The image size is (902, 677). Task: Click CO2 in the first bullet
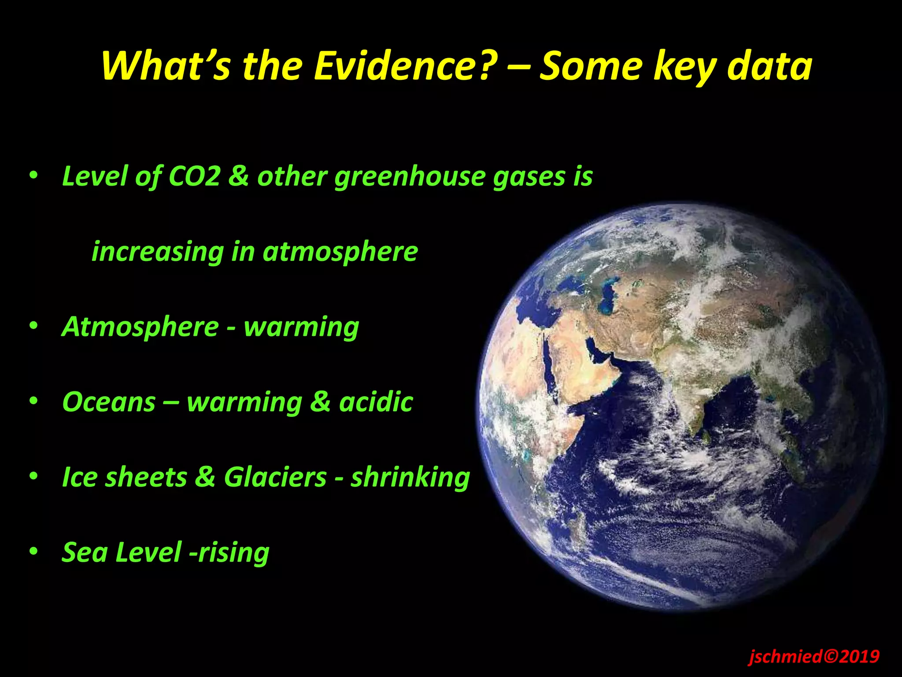(x=194, y=176)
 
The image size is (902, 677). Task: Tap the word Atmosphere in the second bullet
(x=140, y=327)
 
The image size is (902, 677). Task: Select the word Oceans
(x=109, y=402)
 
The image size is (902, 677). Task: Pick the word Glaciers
(x=275, y=477)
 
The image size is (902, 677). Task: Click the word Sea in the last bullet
(x=84, y=552)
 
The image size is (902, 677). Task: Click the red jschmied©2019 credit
(x=814, y=656)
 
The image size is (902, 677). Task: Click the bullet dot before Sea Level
(x=33, y=552)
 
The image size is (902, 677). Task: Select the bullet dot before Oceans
(x=33, y=402)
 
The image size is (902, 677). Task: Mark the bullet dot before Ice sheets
(x=33, y=476)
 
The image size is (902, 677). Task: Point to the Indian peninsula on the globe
(x=696, y=410)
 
